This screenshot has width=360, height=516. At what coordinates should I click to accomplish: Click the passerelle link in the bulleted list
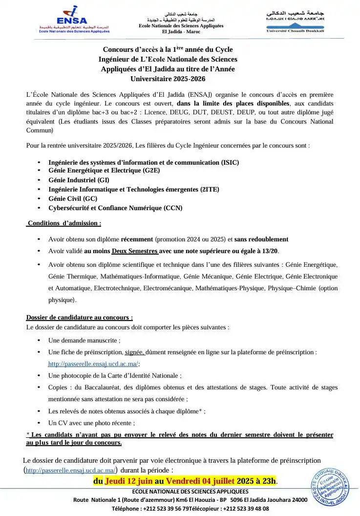(x=93, y=364)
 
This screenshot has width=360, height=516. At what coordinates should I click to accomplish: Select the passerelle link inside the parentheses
(x=70, y=471)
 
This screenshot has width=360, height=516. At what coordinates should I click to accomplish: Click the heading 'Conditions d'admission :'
(x=64, y=223)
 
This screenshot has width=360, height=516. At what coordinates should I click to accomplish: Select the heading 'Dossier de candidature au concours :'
(x=79, y=317)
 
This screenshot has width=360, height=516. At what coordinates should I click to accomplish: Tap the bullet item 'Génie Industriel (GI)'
(x=79, y=180)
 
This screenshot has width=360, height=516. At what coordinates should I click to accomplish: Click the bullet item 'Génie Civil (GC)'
(x=73, y=198)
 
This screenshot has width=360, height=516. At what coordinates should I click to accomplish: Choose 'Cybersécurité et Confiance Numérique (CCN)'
(x=115, y=208)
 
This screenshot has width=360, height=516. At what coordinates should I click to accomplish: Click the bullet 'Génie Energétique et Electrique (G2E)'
(x=104, y=171)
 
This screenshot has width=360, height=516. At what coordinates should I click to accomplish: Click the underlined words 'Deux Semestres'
(x=135, y=251)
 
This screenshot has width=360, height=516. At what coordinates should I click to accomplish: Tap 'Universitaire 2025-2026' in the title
(x=168, y=78)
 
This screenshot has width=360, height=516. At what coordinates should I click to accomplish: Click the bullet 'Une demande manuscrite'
(x=84, y=340)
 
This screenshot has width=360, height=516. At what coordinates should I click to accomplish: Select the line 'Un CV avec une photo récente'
(x=91, y=423)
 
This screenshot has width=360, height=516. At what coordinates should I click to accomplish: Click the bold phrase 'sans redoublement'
(x=261, y=239)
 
